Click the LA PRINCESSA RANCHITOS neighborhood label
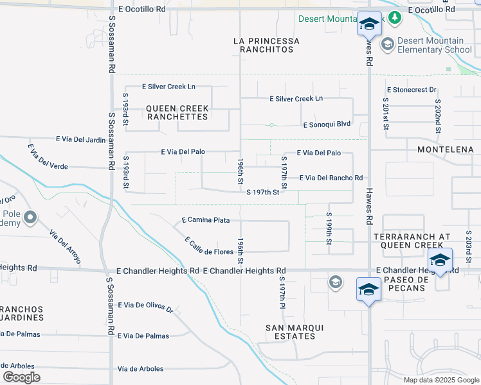coord(266,45)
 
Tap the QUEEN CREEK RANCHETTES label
coord(177,112)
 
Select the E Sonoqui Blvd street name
coord(326,124)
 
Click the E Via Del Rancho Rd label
coord(331,178)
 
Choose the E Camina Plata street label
coord(206,220)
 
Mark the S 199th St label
coord(329,228)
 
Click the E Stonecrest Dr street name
coord(412,90)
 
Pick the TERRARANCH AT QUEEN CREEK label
coord(408,241)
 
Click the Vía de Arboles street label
coord(141,368)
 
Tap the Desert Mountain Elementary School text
coord(435,45)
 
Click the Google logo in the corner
coord(21,377)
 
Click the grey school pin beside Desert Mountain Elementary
coord(388,44)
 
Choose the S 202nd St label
coord(437,116)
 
